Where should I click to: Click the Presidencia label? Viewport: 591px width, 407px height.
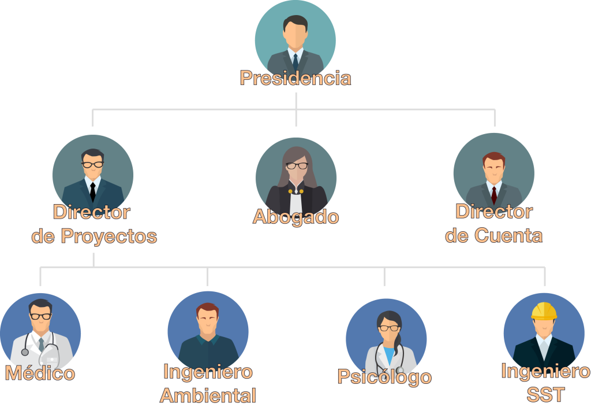click(295, 78)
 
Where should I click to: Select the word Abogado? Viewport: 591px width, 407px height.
click(295, 217)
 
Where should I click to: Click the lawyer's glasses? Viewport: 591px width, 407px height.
click(297, 166)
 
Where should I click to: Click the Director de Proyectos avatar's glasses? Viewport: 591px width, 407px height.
click(92, 164)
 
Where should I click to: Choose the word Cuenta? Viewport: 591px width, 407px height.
click(508, 235)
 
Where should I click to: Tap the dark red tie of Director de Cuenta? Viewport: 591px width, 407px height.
click(493, 193)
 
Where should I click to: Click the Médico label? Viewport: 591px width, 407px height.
click(40, 373)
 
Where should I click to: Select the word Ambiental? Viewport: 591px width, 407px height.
click(208, 396)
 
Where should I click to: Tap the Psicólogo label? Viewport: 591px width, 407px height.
click(384, 377)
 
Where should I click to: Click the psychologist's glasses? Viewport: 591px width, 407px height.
click(389, 328)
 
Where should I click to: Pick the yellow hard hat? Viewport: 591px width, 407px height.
click(544, 311)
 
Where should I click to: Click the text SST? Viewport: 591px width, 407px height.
click(545, 395)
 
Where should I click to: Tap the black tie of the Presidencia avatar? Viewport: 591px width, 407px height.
click(295, 61)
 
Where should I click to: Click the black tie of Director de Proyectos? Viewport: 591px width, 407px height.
click(92, 190)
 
